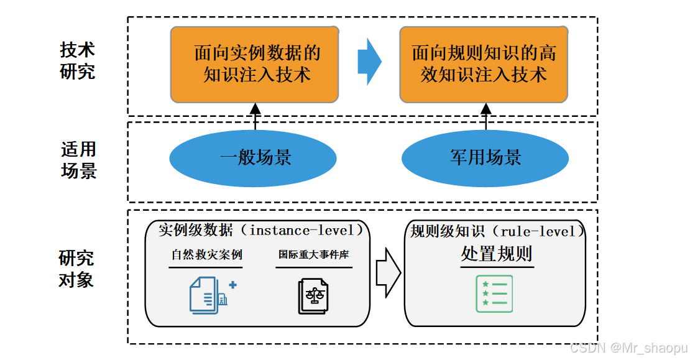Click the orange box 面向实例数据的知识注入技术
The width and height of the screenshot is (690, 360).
pos(255,64)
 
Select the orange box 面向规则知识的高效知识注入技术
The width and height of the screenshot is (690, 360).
pos(484,64)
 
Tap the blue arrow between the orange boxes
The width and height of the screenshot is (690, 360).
pos(369,62)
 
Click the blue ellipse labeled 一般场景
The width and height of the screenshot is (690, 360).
pos(253,157)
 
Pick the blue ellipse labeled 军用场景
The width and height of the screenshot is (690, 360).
pos(485,157)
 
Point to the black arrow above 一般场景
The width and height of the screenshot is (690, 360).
pos(255,116)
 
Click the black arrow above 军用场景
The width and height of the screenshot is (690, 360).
pos(486,116)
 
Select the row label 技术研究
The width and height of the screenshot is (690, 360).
pos(78,60)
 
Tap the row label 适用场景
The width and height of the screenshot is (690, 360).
pos(78,160)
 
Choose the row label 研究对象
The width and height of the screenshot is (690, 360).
pos(76,269)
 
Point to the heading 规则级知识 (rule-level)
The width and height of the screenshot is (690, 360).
pos(497,231)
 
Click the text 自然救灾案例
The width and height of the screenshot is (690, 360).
pos(206,255)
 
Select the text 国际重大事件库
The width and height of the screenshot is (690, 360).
pos(314,255)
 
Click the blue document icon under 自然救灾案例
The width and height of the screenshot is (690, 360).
pos(209,294)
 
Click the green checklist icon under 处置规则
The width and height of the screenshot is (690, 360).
pos(494,293)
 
